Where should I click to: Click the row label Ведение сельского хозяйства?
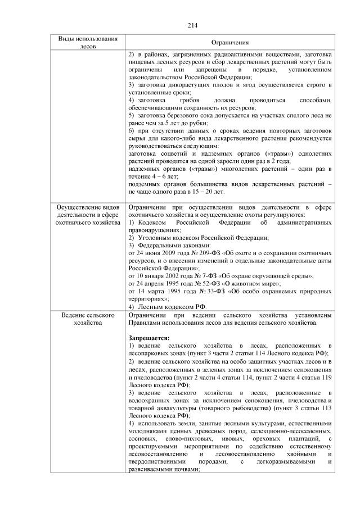click(x=88, y=320)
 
